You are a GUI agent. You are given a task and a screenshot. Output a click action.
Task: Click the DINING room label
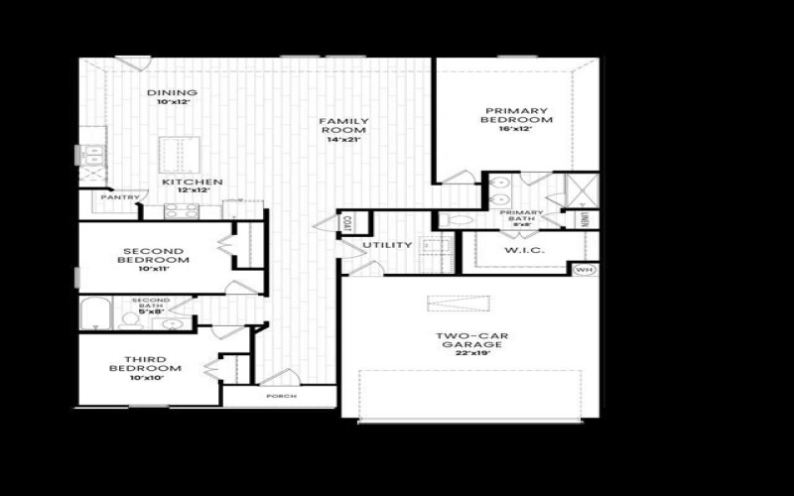(172, 93)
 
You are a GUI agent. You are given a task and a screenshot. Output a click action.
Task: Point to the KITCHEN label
(192, 183)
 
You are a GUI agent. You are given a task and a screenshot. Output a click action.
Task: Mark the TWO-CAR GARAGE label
(472, 340)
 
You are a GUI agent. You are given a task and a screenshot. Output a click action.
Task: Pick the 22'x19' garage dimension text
(472, 354)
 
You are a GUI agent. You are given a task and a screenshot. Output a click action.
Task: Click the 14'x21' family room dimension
(342, 140)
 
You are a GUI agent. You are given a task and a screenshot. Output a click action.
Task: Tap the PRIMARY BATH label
(521, 217)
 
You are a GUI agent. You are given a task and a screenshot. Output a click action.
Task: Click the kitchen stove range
(180, 210)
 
